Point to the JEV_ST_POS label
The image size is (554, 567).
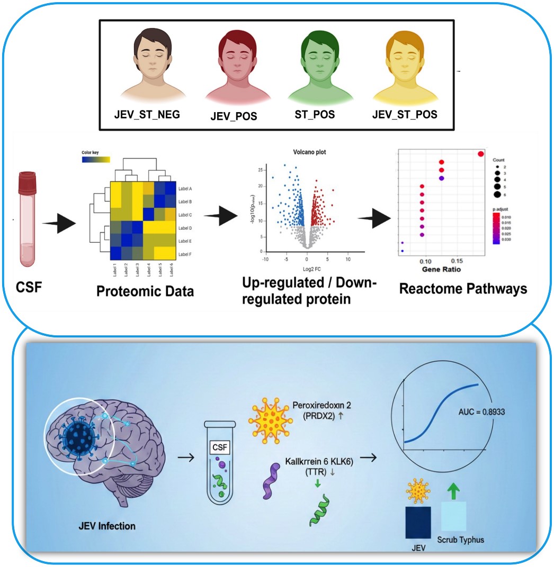(405, 113)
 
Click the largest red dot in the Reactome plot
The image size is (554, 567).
(481, 154)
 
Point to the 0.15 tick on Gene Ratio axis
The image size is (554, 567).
(457, 261)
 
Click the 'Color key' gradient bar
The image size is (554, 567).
(95, 159)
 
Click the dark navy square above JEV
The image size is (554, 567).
(418, 523)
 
